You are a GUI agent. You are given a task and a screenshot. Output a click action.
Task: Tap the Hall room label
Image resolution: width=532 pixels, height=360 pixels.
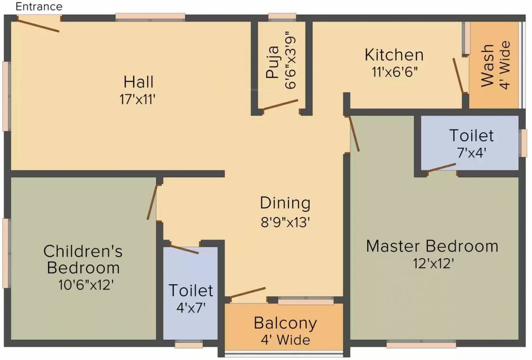(x=138, y=82)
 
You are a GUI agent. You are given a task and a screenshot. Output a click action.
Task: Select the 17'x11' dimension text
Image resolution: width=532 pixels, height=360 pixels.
(x=138, y=99)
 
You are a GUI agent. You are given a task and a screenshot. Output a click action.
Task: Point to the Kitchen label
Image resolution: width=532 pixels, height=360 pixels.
(x=394, y=55)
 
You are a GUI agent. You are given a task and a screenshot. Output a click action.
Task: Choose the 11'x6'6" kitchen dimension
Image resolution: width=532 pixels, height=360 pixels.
(x=394, y=72)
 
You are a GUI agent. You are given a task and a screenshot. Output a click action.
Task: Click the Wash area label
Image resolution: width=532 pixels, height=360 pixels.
(x=487, y=66)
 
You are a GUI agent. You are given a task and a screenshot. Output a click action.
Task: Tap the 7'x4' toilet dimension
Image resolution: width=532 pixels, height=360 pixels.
(x=471, y=152)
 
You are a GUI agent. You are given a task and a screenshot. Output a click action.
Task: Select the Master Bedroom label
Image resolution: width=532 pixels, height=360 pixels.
(x=432, y=246)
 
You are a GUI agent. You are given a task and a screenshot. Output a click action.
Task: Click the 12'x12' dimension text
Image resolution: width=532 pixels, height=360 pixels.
(x=432, y=263)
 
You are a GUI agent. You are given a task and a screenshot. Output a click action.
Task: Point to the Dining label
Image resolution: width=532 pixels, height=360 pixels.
(x=285, y=203)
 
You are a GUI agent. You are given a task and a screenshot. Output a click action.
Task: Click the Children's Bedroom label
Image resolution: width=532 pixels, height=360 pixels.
(x=83, y=259)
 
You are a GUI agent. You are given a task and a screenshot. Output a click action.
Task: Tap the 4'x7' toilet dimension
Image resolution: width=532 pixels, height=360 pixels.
(x=190, y=307)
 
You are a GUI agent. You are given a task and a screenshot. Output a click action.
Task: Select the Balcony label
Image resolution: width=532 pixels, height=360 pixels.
(x=285, y=323)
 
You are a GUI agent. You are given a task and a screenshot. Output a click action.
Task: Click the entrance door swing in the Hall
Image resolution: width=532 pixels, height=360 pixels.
(x=38, y=24)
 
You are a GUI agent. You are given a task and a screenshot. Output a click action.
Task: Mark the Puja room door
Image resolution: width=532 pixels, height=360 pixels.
(x=280, y=105)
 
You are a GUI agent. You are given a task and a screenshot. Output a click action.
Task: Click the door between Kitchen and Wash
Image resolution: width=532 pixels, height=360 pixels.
(x=458, y=75)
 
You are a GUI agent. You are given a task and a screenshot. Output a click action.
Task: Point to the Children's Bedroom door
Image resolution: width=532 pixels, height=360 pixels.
(x=151, y=202)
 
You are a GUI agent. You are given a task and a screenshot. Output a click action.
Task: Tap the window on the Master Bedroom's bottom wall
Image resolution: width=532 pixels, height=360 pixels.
(x=421, y=345)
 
